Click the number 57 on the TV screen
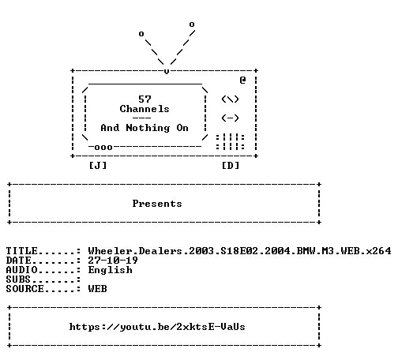[145, 99]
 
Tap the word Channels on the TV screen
[145, 109]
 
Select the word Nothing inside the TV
[148, 128]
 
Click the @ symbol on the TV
[242, 80]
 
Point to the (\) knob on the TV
[230, 99]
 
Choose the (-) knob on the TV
[230, 118]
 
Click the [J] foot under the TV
[98, 166]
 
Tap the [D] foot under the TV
[231, 166]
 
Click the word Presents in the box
[157, 204]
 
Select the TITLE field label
[22, 251]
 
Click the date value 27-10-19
[113, 261]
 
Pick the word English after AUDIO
[110, 270]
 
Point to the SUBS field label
[18, 279]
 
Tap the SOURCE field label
[25, 289]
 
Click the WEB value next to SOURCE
[97, 289]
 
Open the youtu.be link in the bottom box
[157, 327]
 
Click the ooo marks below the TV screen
[103, 148]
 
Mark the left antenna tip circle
[141, 34]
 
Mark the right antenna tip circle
[192, 24]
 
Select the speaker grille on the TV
[231, 142]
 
